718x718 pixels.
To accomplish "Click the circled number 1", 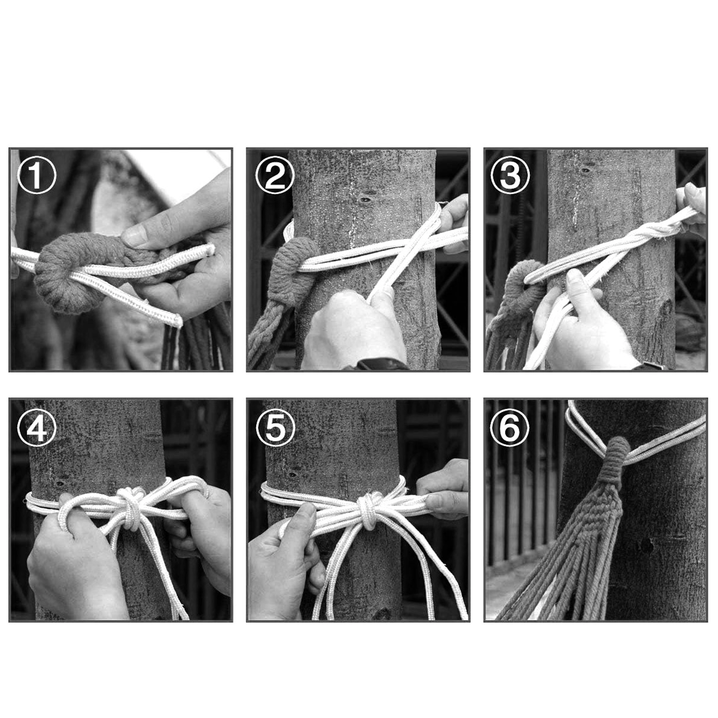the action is coord(36,175).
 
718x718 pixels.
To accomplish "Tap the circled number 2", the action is coord(275,175).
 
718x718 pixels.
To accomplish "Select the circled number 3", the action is coord(510,175).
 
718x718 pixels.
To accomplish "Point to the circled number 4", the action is coord(36,428).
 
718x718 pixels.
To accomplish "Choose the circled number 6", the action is coord(510,428).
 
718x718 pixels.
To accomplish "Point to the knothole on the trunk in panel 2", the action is coord(365,200).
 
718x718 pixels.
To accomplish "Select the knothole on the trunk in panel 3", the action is coord(586,171).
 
